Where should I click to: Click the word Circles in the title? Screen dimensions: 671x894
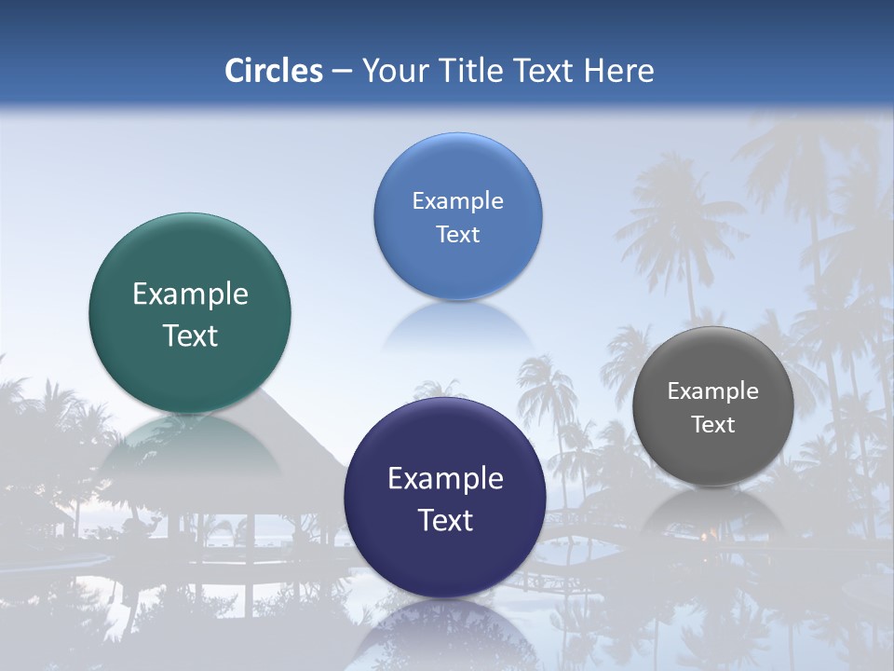click(x=273, y=71)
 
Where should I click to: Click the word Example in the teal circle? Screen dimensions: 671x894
click(x=190, y=294)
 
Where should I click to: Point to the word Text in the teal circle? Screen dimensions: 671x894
click(x=190, y=335)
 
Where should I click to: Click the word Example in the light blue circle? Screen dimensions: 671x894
click(x=457, y=201)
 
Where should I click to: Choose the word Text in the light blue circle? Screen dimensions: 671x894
click(x=457, y=234)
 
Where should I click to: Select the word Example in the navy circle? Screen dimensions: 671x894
click(x=445, y=479)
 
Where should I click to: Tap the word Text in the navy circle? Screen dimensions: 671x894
click(x=445, y=520)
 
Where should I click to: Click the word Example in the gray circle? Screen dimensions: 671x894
click(x=713, y=391)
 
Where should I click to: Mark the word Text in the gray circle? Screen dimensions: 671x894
click(x=713, y=425)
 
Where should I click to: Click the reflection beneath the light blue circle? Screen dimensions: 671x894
click(x=457, y=326)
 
